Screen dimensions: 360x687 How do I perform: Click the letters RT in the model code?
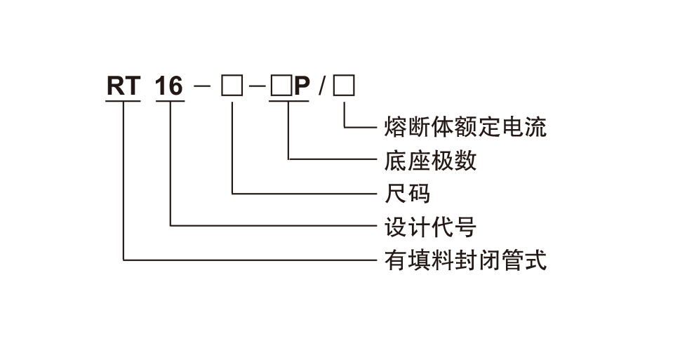[x=124, y=86]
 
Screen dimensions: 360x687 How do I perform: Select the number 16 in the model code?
[x=169, y=86]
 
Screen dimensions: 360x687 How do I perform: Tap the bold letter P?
[x=301, y=86]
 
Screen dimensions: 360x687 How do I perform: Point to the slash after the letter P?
[x=321, y=87]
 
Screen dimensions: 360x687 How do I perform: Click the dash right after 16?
[x=203, y=87]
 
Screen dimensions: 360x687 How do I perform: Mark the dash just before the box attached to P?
[x=258, y=87]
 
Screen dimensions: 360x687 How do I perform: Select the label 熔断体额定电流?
[x=465, y=127]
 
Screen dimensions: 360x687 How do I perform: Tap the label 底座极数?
[x=430, y=161]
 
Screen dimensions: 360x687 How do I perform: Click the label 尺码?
[x=408, y=193]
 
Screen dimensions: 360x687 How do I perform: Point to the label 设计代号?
[x=430, y=227]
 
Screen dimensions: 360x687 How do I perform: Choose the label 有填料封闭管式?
[x=465, y=260]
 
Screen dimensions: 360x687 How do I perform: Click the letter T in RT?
[x=133, y=86]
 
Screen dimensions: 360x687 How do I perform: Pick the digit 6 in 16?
[x=175, y=86]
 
